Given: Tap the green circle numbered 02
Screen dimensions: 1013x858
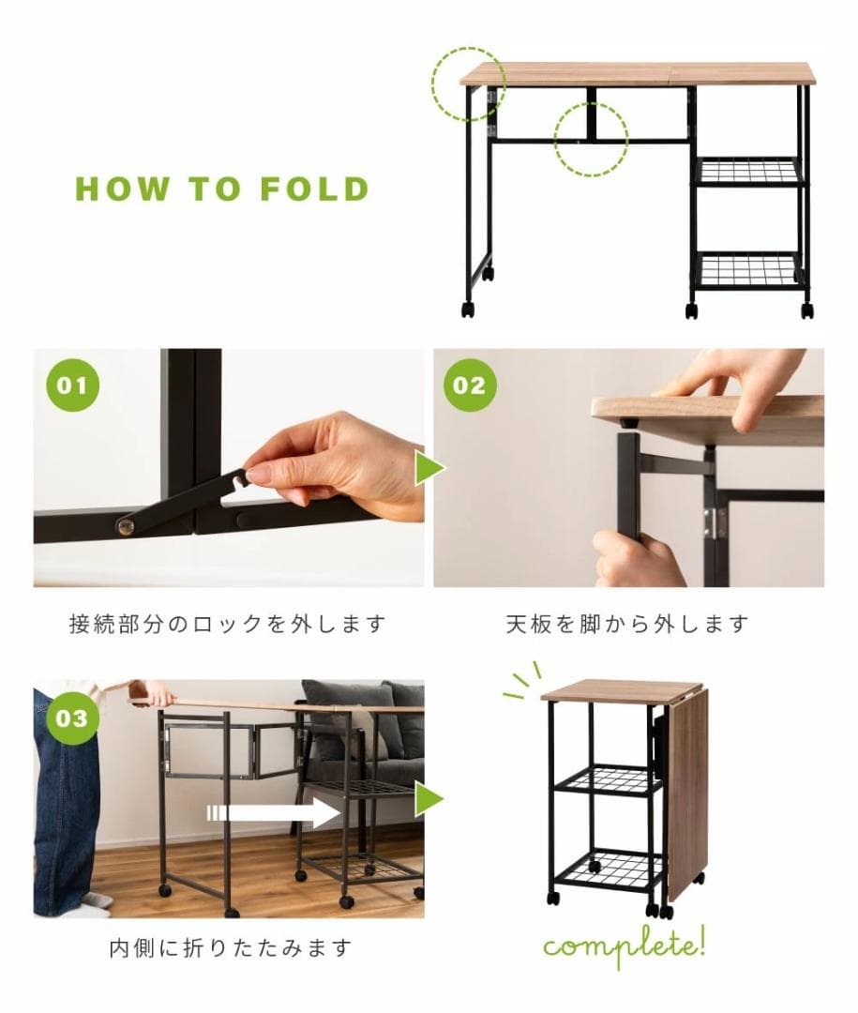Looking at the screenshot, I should click(x=470, y=386).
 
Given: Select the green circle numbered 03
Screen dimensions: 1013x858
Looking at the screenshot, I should click(x=71, y=718).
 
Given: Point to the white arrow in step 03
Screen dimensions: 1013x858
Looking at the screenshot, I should click(x=273, y=812).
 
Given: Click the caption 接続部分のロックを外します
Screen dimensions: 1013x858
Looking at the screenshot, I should click(x=228, y=624).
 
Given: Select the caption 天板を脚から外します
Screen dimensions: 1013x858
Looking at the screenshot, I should click(x=627, y=624).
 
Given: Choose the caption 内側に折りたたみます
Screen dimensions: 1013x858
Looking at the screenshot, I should click(x=230, y=948).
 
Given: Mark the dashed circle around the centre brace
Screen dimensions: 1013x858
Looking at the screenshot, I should click(x=590, y=140).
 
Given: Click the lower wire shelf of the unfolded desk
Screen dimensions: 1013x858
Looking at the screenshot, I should click(x=748, y=269).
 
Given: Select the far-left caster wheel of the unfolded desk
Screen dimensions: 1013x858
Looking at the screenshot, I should click(x=467, y=310).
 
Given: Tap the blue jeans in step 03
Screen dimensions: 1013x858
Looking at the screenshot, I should click(x=66, y=807).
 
